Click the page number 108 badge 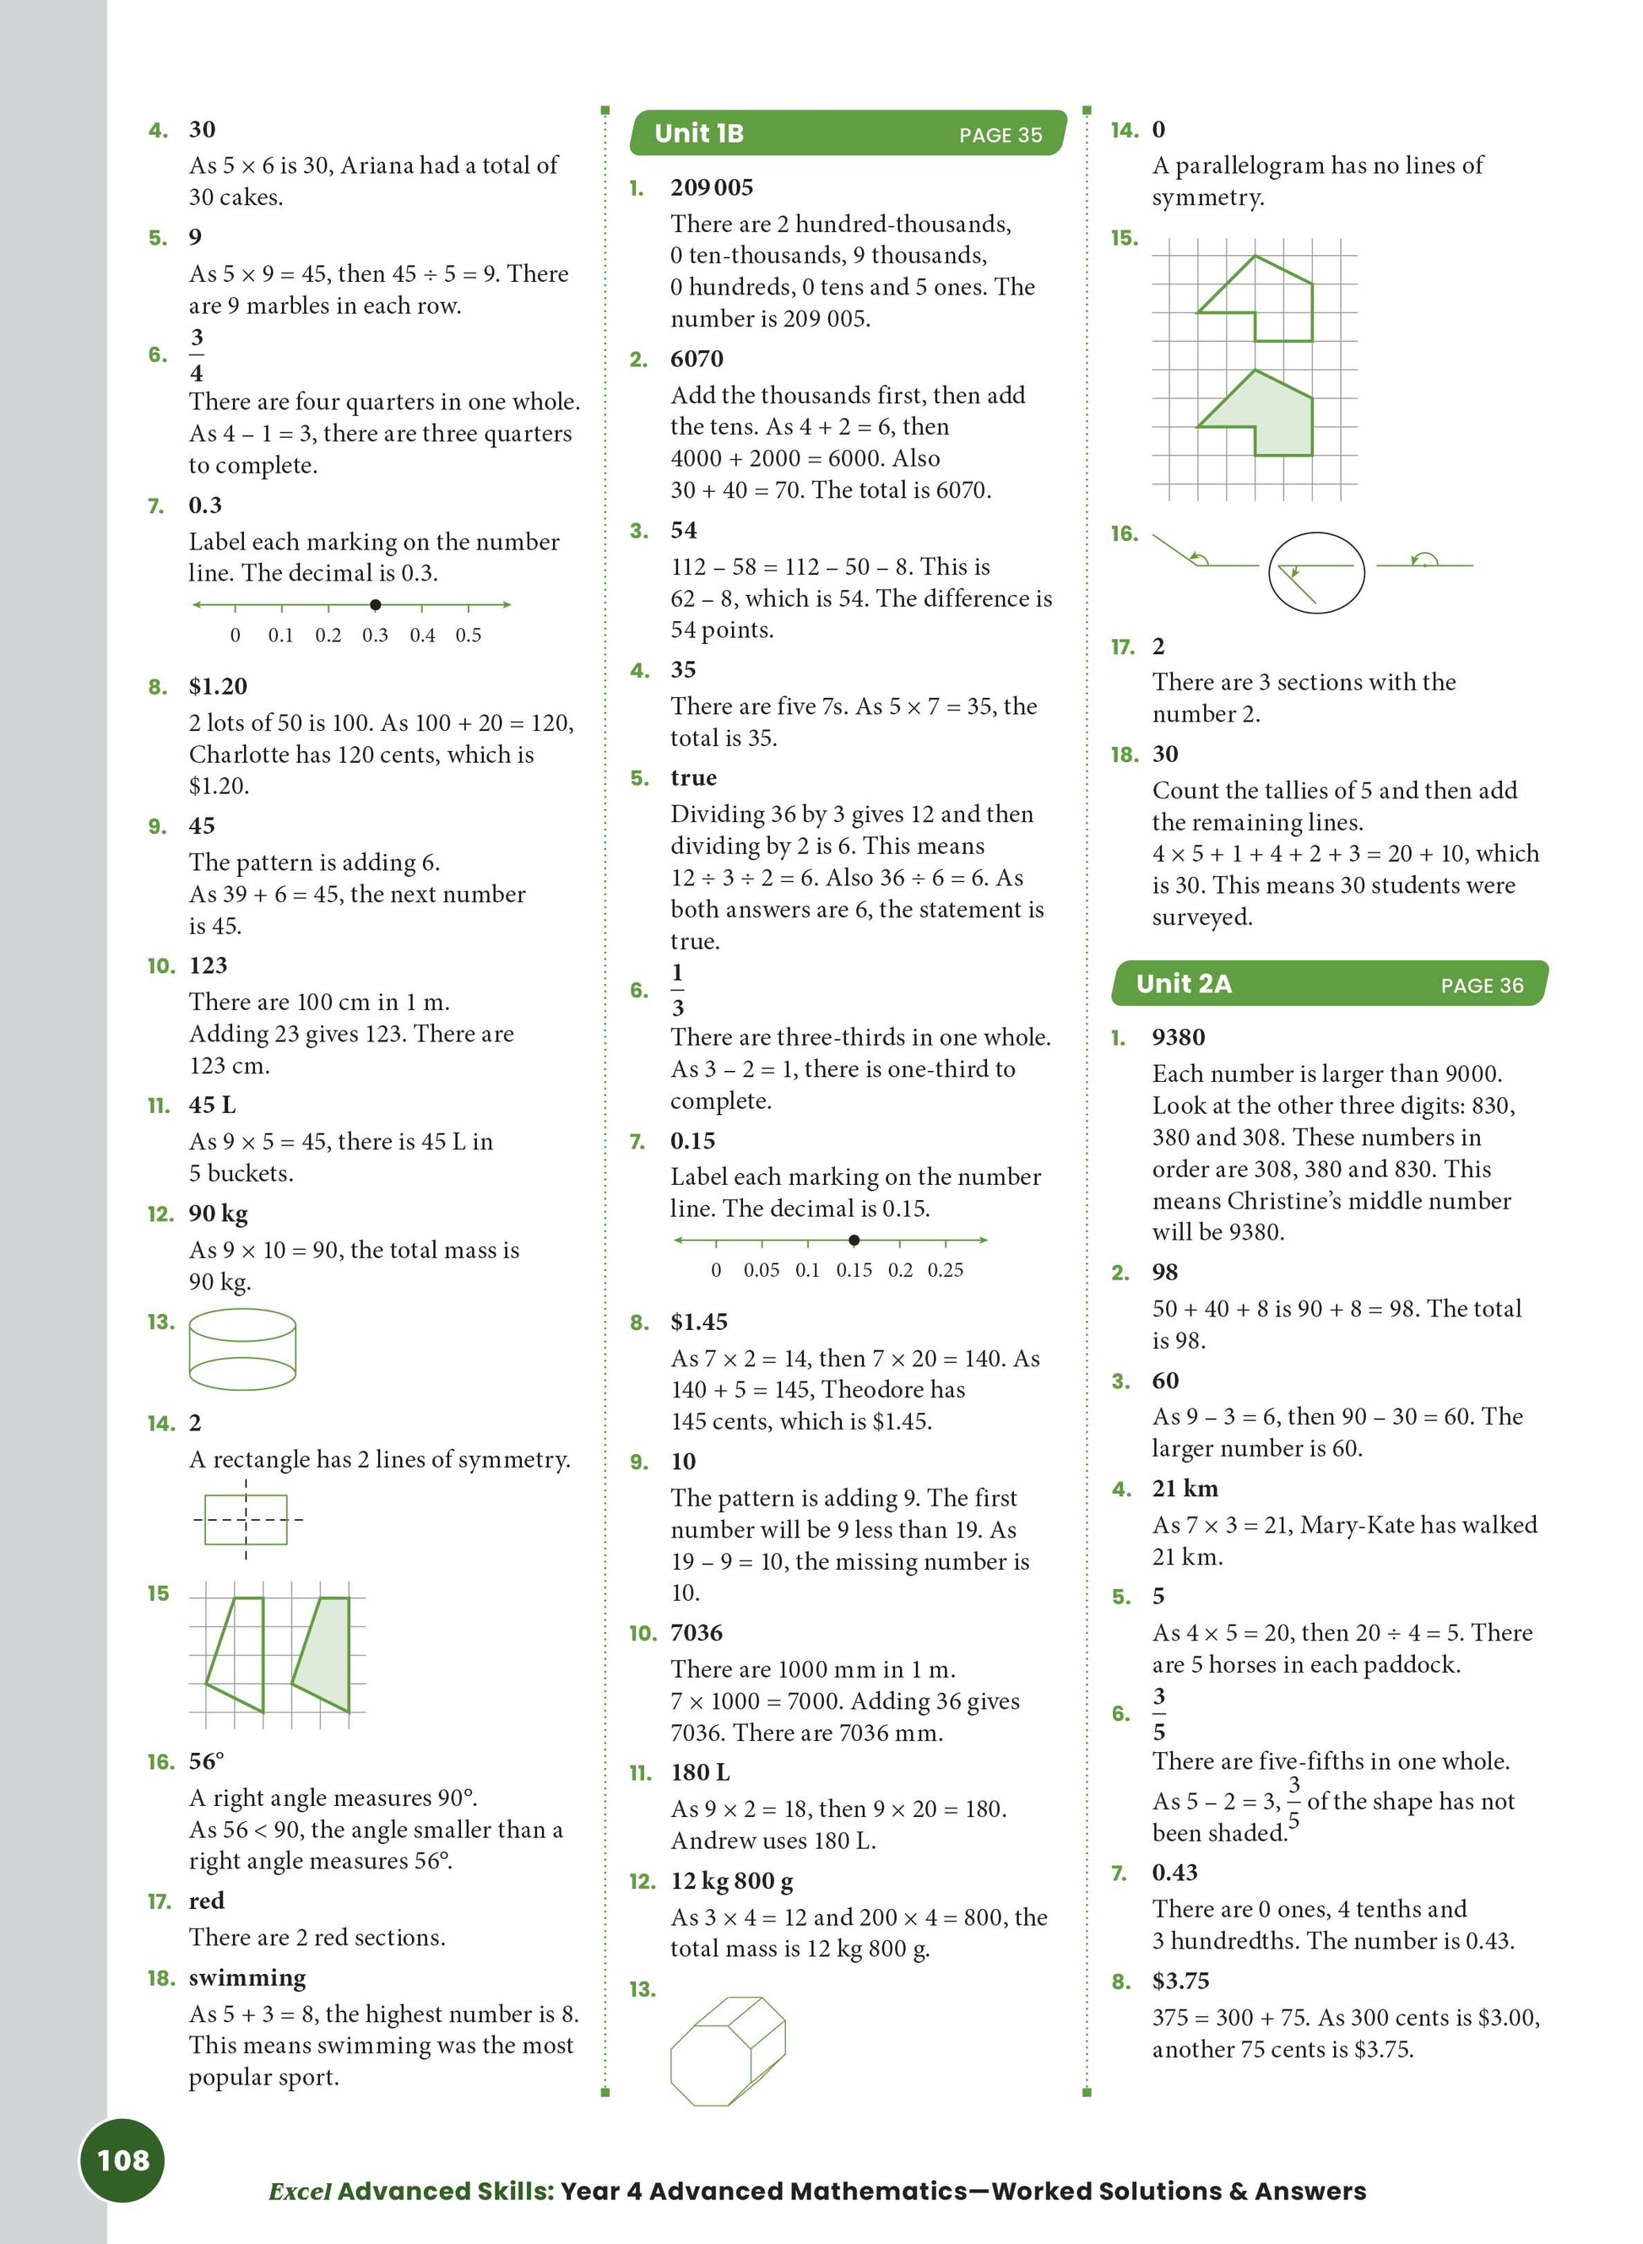[122, 2160]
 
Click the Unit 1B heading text [698, 133]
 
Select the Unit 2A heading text [1184, 983]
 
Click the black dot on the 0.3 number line [375, 604]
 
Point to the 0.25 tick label [945, 1269]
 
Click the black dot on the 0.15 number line [854, 1240]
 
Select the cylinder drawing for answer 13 [241, 1349]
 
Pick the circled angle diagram [1315, 573]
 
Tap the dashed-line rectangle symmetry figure [246, 1518]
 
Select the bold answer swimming [247, 1977]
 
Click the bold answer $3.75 [1180, 1981]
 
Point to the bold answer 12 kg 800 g [731, 1880]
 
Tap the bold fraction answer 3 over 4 [197, 355]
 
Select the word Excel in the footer [300, 2192]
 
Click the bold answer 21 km [1185, 1489]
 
